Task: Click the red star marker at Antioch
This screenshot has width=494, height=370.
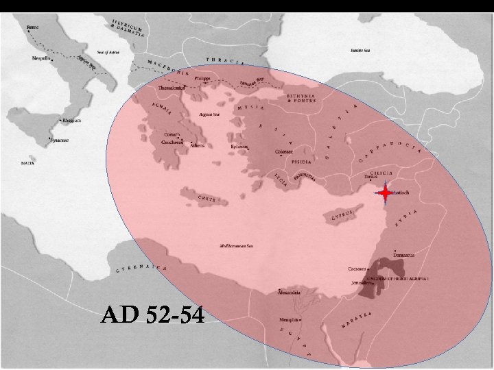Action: click(x=386, y=194)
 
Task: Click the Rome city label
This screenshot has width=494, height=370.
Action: click(x=32, y=28)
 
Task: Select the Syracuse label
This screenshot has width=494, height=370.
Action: click(x=60, y=140)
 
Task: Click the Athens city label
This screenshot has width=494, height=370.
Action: click(x=197, y=145)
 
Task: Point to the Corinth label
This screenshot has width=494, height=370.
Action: click(x=172, y=134)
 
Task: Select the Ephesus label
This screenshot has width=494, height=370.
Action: click(x=239, y=146)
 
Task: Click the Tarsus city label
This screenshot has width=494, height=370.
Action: click(x=371, y=176)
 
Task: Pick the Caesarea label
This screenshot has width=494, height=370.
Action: click(x=357, y=269)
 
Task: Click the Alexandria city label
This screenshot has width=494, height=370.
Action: click(x=288, y=293)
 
